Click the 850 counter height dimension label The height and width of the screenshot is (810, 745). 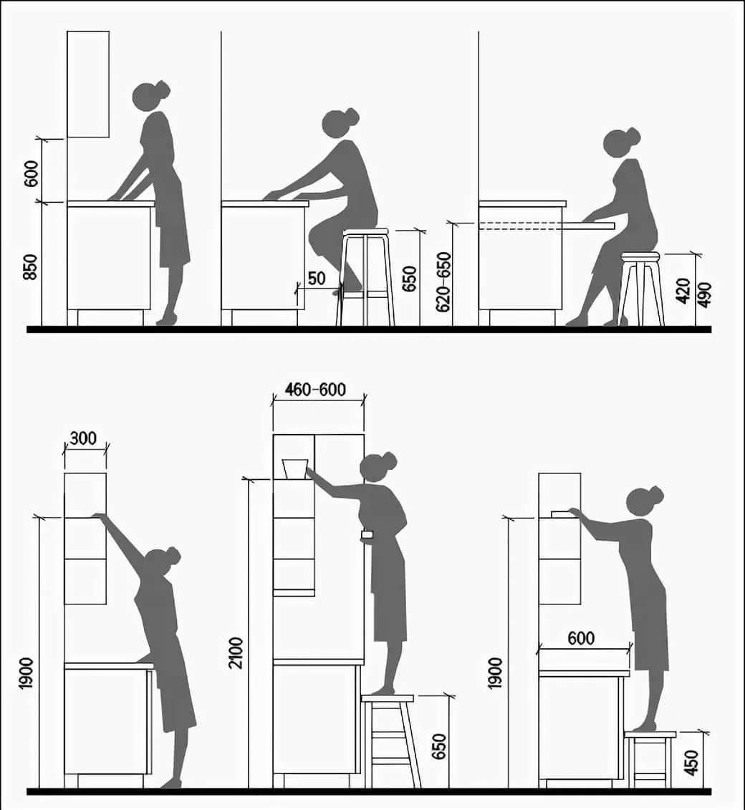click(x=31, y=266)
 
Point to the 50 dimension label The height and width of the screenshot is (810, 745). click(x=317, y=278)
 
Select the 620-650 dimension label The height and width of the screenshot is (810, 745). click(x=444, y=282)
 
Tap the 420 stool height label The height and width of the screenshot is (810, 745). click(x=683, y=291)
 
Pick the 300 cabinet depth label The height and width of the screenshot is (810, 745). click(x=83, y=438)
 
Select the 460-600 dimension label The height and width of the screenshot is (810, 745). click(x=315, y=389)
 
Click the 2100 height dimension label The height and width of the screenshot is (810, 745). click(x=236, y=653)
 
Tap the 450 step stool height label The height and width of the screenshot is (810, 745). click(x=691, y=763)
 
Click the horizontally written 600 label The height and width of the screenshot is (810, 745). click(x=581, y=639)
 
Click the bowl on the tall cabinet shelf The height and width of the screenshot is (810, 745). click(x=295, y=468)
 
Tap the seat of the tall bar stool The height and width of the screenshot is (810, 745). click(x=365, y=231)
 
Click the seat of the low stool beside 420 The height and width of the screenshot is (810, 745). click(x=640, y=256)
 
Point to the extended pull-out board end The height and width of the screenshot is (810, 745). click(x=614, y=226)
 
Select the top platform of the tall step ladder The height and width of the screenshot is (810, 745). click(x=388, y=698)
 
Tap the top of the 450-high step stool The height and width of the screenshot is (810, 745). click(x=650, y=734)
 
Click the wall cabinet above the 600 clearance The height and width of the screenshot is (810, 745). click(x=88, y=85)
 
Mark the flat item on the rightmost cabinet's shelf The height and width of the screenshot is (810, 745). click(x=562, y=514)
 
